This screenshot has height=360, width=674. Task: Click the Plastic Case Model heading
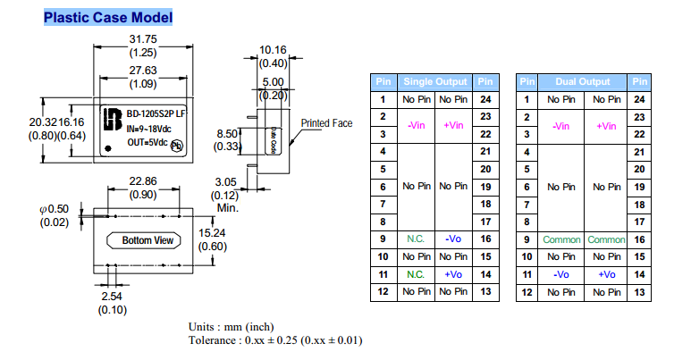click(x=108, y=18)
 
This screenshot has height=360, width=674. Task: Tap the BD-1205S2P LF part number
click(x=156, y=115)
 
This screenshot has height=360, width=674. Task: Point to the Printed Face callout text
click(x=328, y=123)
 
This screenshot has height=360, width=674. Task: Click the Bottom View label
click(x=148, y=240)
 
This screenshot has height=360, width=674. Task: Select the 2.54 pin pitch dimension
click(x=113, y=296)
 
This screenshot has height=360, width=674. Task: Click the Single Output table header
click(x=435, y=82)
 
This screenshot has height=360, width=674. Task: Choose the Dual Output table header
click(x=584, y=82)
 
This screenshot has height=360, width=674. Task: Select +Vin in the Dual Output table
click(x=608, y=126)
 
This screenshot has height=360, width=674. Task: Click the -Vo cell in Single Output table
click(x=452, y=239)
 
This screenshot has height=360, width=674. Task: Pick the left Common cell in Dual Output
click(x=561, y=239)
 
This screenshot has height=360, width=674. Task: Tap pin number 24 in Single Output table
click(x=486, y=99)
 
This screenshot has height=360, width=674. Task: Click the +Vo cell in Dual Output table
click(x=608, y=274)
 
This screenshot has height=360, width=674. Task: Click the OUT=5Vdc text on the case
click(x=148, y=142)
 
